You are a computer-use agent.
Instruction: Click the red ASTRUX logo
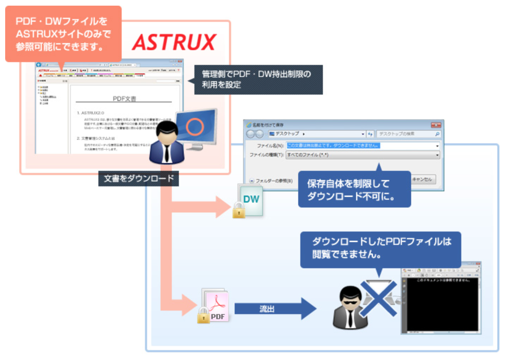[x=174, y=42]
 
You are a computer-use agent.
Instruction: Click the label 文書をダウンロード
[x=138, y=179]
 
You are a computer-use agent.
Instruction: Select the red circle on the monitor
[x=194, y=126]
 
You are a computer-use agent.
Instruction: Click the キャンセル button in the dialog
[x=423, y=179]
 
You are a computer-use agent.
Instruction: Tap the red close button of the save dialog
[x=436, y=125]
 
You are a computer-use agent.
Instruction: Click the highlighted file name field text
[x=333, y=145]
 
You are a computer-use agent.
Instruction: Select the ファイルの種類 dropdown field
[x=362, y=155]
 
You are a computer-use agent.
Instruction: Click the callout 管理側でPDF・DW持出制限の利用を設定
[x=258, y=79]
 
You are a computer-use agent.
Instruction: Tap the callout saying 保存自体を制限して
[x=354, y=190]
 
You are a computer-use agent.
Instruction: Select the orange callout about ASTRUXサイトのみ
[x=63, y=34]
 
